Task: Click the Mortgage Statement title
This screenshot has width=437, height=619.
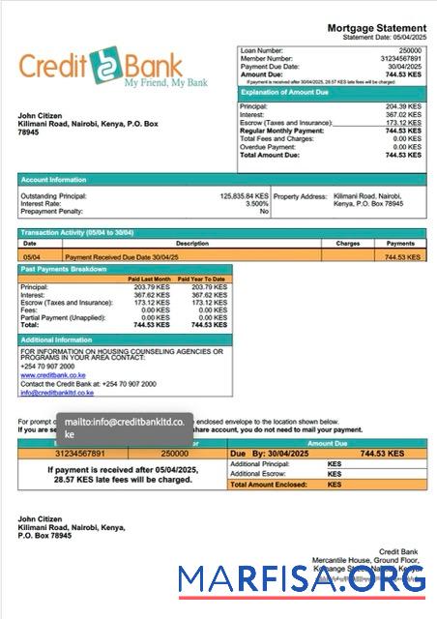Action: [x=376, y=28]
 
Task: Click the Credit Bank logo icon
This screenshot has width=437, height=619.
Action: [x=102, y=67]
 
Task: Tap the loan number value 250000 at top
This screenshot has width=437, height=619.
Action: [x=410, y=49]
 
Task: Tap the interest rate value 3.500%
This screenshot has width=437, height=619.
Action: [x=256, y=203]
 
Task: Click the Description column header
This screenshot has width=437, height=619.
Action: [x=191, y=244]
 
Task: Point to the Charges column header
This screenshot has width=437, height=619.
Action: [x=348, y=244]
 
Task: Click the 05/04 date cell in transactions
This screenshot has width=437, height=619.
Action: [x=31, y=257]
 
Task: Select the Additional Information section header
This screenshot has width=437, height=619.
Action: [x=57, y=340]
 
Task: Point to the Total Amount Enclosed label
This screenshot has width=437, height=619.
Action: [x=276, y=485]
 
